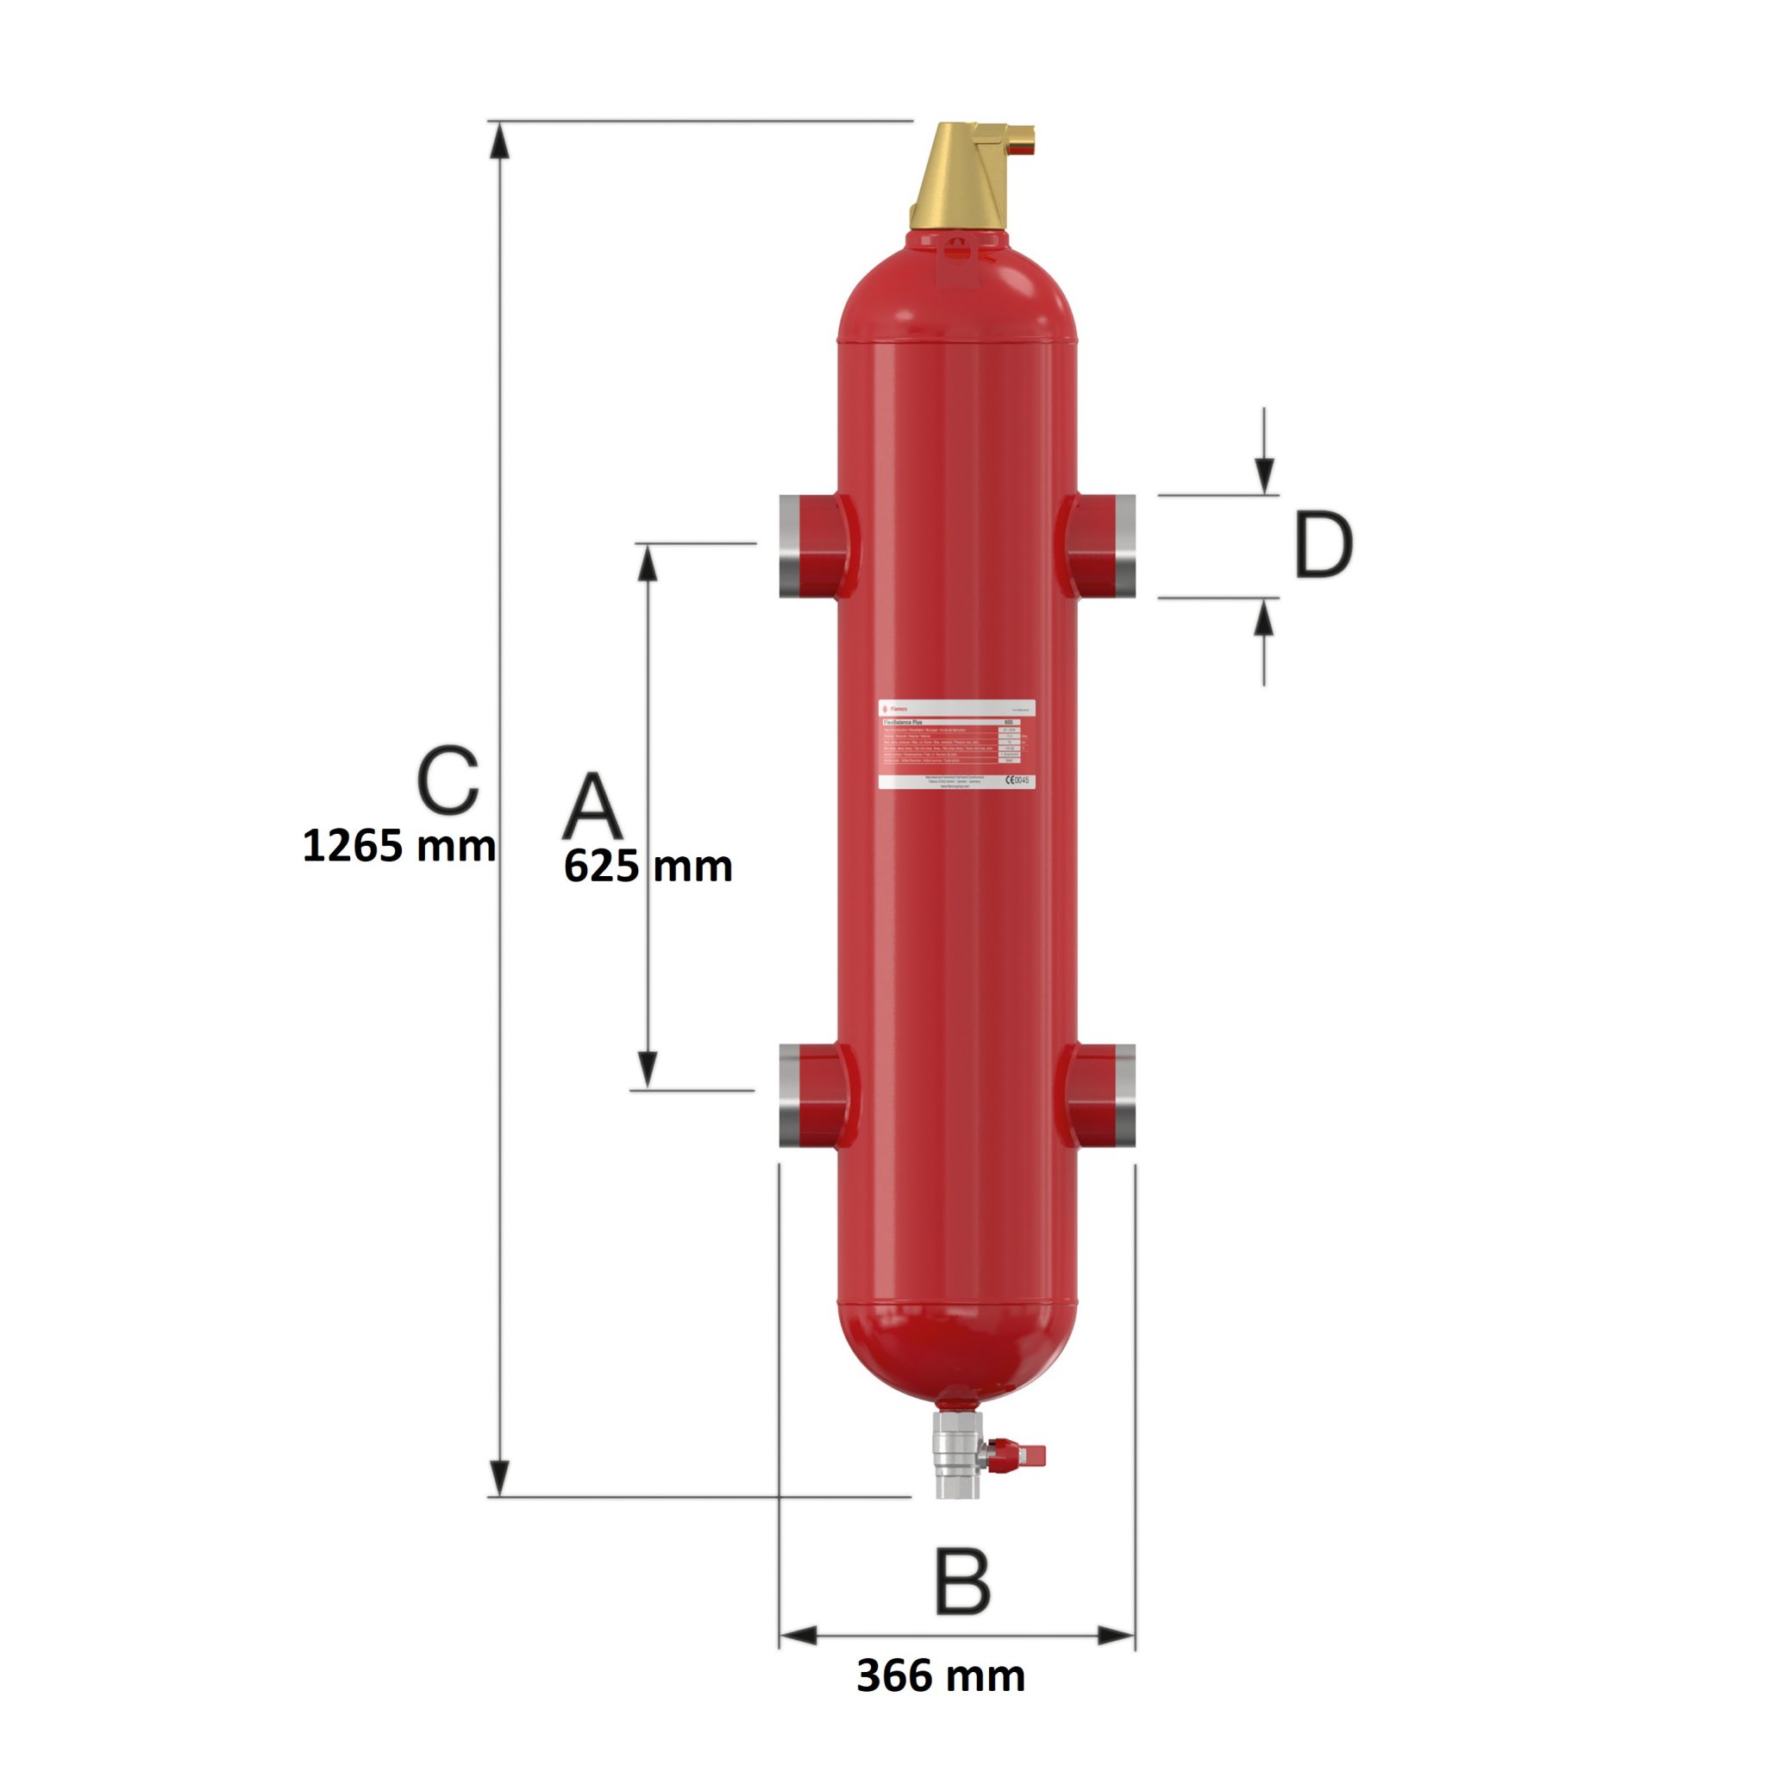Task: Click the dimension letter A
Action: [x=592, y=805]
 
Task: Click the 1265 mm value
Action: [x=398, y=846]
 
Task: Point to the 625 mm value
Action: [x=648, y=867]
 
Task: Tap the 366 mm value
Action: [x=941, y=1675]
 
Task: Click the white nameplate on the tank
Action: [x=956, y=744]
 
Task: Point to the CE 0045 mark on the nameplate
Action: [x=1017, y=780]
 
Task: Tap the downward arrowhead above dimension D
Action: [x=1264, y=475]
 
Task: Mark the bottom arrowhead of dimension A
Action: [x=648, y=1070]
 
